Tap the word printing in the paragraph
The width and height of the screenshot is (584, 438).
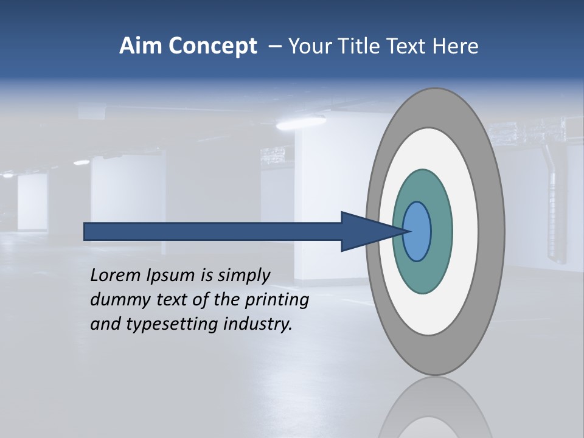pos(277,300)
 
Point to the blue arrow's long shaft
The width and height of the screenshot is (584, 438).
pos(213,231)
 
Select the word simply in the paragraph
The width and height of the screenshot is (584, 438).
pos(243,276)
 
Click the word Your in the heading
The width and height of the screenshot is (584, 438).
pos(307,46)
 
